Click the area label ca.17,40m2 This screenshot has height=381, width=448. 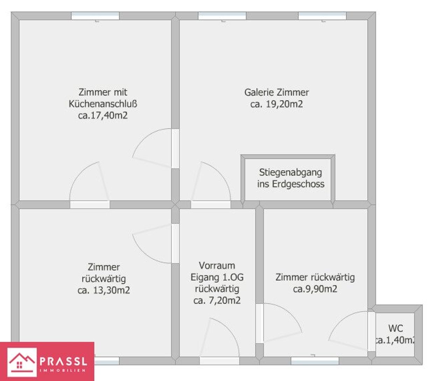103,115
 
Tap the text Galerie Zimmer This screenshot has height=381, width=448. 276,92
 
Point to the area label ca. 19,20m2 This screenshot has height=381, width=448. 276,104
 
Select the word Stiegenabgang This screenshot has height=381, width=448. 290,172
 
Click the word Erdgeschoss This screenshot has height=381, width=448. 298,184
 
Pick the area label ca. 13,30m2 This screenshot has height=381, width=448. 104,290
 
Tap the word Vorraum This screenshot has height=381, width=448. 217,266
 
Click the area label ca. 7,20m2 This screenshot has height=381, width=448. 217,301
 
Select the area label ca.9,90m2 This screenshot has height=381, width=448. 315,289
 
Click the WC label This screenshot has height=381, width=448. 395,329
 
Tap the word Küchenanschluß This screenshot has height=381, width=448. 103,104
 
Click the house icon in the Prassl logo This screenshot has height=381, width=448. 22,362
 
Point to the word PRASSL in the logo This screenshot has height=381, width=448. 63,361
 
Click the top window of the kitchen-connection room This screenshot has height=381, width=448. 95,16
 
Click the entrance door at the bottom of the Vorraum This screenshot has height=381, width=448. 219,361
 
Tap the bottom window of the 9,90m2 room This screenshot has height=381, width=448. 315,361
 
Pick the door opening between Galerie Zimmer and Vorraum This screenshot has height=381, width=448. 211,205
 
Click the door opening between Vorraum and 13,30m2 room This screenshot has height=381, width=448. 175,244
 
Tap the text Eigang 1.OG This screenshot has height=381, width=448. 217,277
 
